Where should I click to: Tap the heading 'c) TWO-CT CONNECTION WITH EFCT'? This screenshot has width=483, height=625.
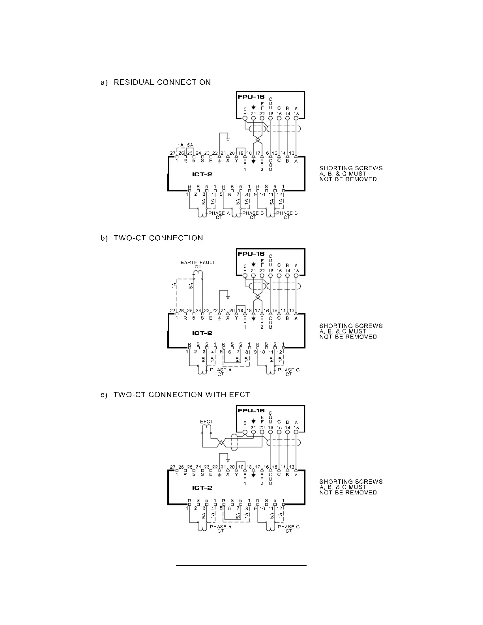(x=176, y=395)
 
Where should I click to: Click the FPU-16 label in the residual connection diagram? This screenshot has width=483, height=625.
(x=251, y=97)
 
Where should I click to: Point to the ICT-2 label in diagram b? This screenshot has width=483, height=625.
(x=202, y=333)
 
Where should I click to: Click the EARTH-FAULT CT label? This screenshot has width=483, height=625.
(x=198, y=264)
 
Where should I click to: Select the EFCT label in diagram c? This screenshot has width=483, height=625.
(x=206, y=422)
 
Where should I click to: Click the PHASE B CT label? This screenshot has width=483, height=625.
(x=253, y=215)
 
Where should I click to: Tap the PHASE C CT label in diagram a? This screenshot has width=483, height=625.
(x=287, y=215)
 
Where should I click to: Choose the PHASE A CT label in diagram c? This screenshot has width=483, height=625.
(x=221, y=529)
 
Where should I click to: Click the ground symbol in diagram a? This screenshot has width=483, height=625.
(x=228, y=139)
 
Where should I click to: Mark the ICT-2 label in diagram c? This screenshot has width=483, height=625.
(x=202, y=488)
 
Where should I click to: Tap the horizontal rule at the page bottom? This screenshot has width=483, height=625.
(x=241, y=565)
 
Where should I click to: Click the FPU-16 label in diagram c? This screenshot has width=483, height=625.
(x=251, y=410)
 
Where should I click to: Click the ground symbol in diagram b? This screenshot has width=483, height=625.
(x=228, y=296)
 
